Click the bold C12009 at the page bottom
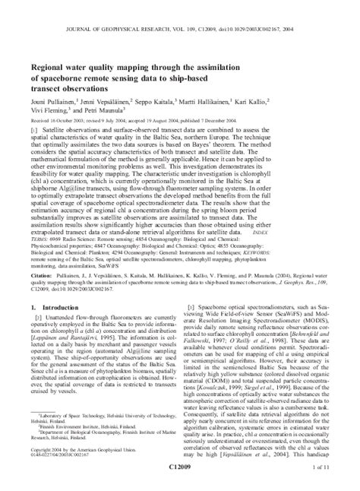point(180,481)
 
